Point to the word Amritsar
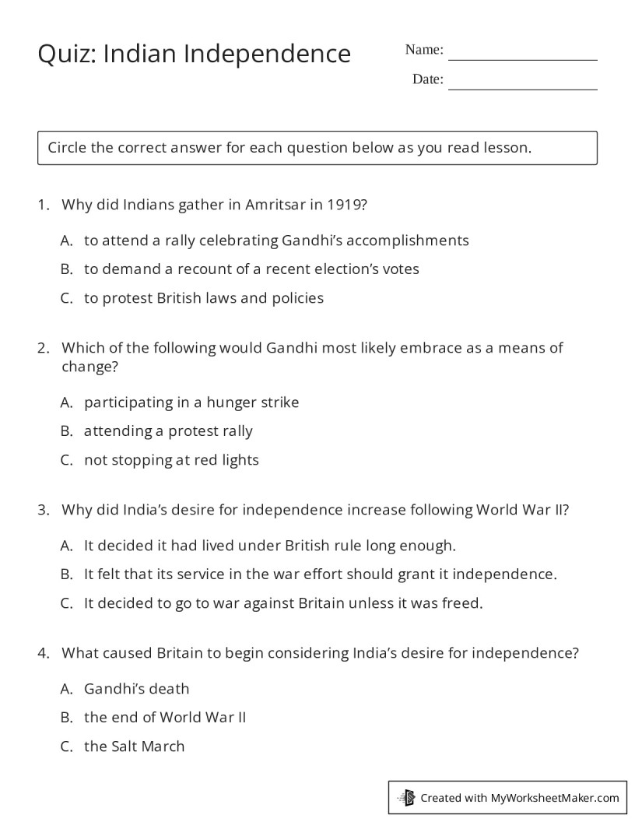[274, 205]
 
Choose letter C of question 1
[66, 298]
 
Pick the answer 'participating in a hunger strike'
[191, 402]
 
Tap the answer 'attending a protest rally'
[168, 431]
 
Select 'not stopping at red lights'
[171, 460]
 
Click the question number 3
[43, 511]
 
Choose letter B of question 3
[66, 574]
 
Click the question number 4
[43, 654]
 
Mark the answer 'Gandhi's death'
[136, 689]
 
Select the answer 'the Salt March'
[134, 746]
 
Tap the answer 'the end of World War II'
[165, 718]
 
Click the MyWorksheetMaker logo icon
[406, 797]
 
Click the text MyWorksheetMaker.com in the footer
[555, 798]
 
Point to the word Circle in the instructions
[67, 148]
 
